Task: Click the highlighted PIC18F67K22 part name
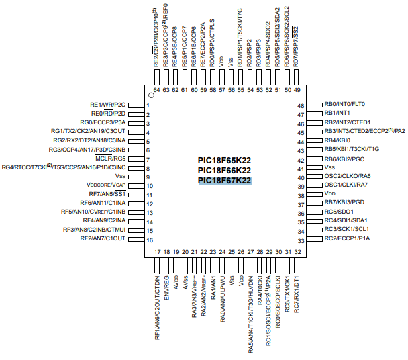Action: [224, 181]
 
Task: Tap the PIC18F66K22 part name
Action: [224, 171]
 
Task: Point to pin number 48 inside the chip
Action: [301, 105]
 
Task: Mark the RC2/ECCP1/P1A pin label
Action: [347, 239]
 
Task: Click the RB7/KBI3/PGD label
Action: [346, 202]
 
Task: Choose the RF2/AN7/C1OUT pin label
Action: [103, 239]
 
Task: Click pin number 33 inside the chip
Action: [301, 240]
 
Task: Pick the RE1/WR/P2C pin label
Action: [109, 105]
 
